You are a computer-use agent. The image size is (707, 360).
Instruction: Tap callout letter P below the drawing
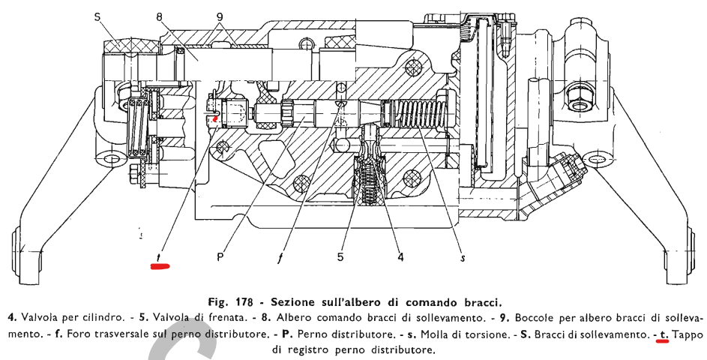click(x=220, y=256)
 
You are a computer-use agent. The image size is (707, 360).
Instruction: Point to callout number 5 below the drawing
click(x=340, y=256)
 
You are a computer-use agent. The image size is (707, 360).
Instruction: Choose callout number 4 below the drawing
click(x=400, y=256)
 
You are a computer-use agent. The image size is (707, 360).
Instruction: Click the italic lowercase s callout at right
click(x=463, y=257)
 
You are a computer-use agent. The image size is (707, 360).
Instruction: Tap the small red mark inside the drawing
click(x=216, y=118)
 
